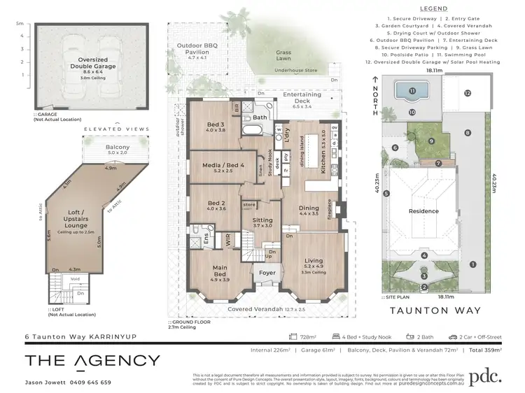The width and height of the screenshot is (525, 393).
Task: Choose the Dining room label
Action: [x=309, y=208]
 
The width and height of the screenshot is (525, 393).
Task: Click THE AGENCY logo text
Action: [x=92, y=361]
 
